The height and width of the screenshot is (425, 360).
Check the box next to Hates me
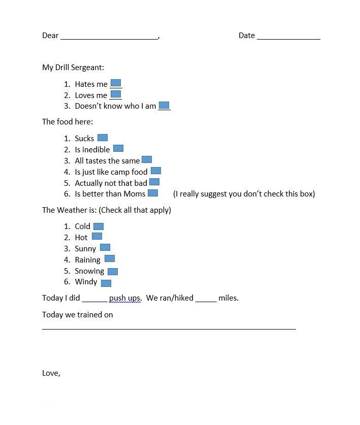click(x=116, y=83)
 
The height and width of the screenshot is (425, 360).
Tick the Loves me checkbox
click(x=116, y=94)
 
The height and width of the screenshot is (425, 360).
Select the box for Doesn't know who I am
click(x=164, y=105)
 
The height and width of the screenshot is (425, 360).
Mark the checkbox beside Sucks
click(x=103, y=138)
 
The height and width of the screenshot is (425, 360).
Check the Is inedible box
click(x=118, y=148)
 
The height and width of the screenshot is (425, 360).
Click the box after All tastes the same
click(x=147, y=159)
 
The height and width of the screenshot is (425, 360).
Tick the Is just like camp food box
click(x=156, y=171)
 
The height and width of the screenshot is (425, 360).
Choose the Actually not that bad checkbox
click(x=154, y=182)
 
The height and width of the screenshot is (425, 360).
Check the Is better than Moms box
click(x=153, y=193)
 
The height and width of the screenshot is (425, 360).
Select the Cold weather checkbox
click(x=99, y=226)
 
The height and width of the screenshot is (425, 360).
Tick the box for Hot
click(x=97, y=236)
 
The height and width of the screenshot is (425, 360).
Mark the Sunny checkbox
click(x=105, y=247)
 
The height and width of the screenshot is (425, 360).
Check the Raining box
click(x=110, y=258)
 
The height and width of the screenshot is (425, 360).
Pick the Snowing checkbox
click(x=113, y=272)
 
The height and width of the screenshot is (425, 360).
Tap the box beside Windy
click(x=106, y=283)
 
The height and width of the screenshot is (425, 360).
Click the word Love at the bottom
click(x=50, y=373)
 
